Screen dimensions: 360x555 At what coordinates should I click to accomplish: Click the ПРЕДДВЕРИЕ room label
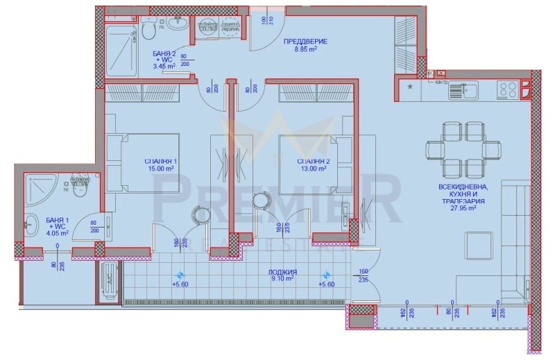306,42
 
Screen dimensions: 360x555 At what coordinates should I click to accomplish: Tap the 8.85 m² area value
306,50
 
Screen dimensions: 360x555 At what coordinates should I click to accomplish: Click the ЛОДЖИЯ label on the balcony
286,272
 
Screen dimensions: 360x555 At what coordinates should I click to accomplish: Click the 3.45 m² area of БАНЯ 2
164,67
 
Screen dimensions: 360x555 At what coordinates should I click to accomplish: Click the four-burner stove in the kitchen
507,89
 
